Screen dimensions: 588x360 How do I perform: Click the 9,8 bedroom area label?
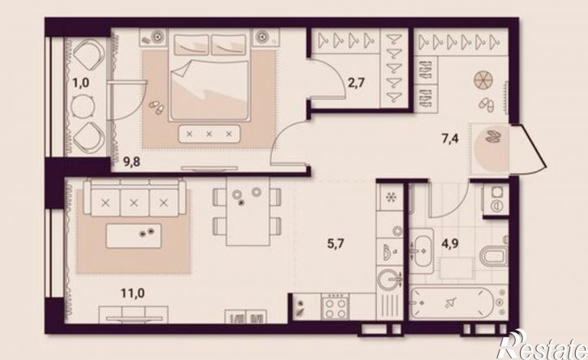pyautogui.click(x=131, y=162)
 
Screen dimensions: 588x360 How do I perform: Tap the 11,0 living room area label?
pyautogui.click(x=133, y=293)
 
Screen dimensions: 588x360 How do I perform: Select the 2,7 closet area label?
pyautogui.click(x=356, y=82)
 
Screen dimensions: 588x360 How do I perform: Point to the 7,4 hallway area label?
pyautogui.click(x=449, y=139)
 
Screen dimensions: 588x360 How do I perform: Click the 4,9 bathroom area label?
pyautogui.click(x=449, y=244)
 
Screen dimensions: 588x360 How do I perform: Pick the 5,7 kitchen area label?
pyautogui.click(x=336, y=244)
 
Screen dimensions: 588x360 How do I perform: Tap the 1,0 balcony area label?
pyautogui.click(x=81, y=82)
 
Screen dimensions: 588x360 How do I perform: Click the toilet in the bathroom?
pyautogui.click(x=494, y=255)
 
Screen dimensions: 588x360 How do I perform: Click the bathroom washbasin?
pyautogui.click(x=423, y=250)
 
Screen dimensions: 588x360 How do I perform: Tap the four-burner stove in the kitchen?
pyautogui.click(x=335, y=306)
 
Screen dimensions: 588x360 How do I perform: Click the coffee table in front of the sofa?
pyautogui.click(x=134, y=236)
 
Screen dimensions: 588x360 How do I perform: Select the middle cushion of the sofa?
pyautogui.click(x=134, y=203)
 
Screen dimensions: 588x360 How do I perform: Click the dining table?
pyautogui.click(x=247, y=211)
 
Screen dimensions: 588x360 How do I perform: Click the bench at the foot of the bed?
pyautogui.click(x=209, y=134)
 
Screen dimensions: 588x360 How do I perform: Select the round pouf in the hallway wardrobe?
pyautogui.click(x=483, y=80)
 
